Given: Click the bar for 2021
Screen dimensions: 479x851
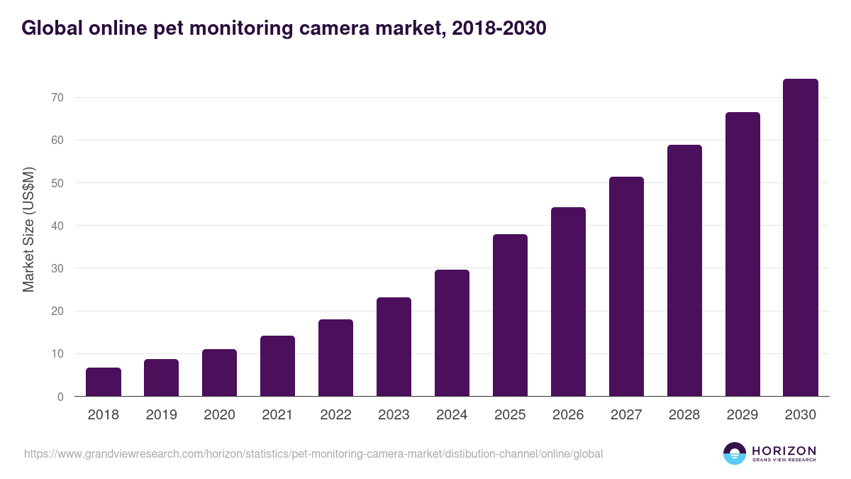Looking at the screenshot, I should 277,366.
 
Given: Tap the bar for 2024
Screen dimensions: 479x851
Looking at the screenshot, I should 452,333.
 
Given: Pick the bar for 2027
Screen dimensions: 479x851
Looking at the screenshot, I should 626,287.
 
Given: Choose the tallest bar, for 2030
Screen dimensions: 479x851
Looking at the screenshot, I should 800,238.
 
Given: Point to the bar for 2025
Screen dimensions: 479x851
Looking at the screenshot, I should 510,315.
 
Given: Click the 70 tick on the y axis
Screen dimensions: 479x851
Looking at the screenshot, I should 57,97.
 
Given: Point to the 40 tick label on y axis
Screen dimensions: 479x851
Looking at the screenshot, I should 57,226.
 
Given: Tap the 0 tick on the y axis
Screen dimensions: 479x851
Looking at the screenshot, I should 61,397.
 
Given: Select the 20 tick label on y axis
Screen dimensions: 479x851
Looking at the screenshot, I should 57,312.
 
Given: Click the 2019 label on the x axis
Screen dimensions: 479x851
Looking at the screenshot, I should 162,415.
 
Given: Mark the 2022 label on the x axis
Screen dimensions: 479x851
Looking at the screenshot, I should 335,415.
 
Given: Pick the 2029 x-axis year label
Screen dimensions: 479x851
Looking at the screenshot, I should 742,415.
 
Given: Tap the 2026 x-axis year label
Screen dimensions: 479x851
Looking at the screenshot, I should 568,415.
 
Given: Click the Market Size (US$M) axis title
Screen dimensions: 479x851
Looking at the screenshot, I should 28,230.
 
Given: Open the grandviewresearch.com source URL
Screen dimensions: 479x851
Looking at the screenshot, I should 313,453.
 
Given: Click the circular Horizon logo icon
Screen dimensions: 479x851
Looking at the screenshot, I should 735,453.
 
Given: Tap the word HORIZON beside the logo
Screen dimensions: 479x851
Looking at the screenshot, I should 784,451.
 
